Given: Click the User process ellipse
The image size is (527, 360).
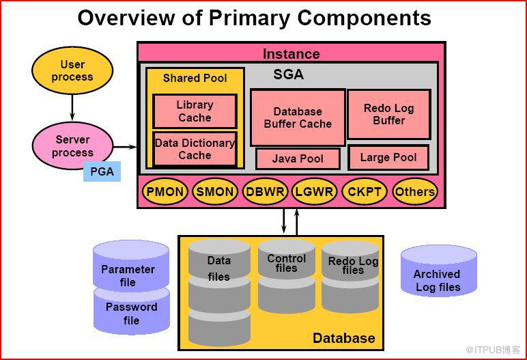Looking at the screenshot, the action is (x=72, y=70).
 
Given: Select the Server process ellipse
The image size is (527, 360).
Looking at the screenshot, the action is (x=72, y=146).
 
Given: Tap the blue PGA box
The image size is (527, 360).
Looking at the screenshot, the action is (x=102, y=171).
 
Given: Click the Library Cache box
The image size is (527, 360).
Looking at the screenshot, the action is (x=195, y=111).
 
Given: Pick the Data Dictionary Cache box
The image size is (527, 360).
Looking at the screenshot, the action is (x=195, y=149).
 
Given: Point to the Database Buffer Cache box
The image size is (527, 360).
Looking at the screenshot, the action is (x=298, y=117).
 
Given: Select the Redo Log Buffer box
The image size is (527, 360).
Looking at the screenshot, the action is (x=389, y=114).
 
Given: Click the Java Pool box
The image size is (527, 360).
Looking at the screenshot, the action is (x=298, y=158).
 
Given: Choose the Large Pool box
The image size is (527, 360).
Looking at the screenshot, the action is (x=388, y=158).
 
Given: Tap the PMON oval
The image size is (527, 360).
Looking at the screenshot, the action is (x=165, y=192).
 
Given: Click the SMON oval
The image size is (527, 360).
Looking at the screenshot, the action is (x=215, y=192).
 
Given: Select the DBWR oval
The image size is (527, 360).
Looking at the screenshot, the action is (x=265, y=192).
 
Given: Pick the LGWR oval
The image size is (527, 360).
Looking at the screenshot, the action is (x=314, y=192).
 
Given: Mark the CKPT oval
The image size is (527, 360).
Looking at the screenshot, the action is (x=365, y=192).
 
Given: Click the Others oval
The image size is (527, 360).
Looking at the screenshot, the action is (x=415, y=192).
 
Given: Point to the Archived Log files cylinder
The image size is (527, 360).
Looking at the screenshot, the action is (x=439, y=271).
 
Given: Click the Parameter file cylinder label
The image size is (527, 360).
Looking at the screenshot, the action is (x=128, y=275).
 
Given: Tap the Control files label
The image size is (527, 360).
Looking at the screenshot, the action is (x=286, y=263).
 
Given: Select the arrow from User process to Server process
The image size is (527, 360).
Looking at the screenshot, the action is (x=72, y=108).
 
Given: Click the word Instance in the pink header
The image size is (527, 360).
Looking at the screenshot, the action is (x=291, y=54).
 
